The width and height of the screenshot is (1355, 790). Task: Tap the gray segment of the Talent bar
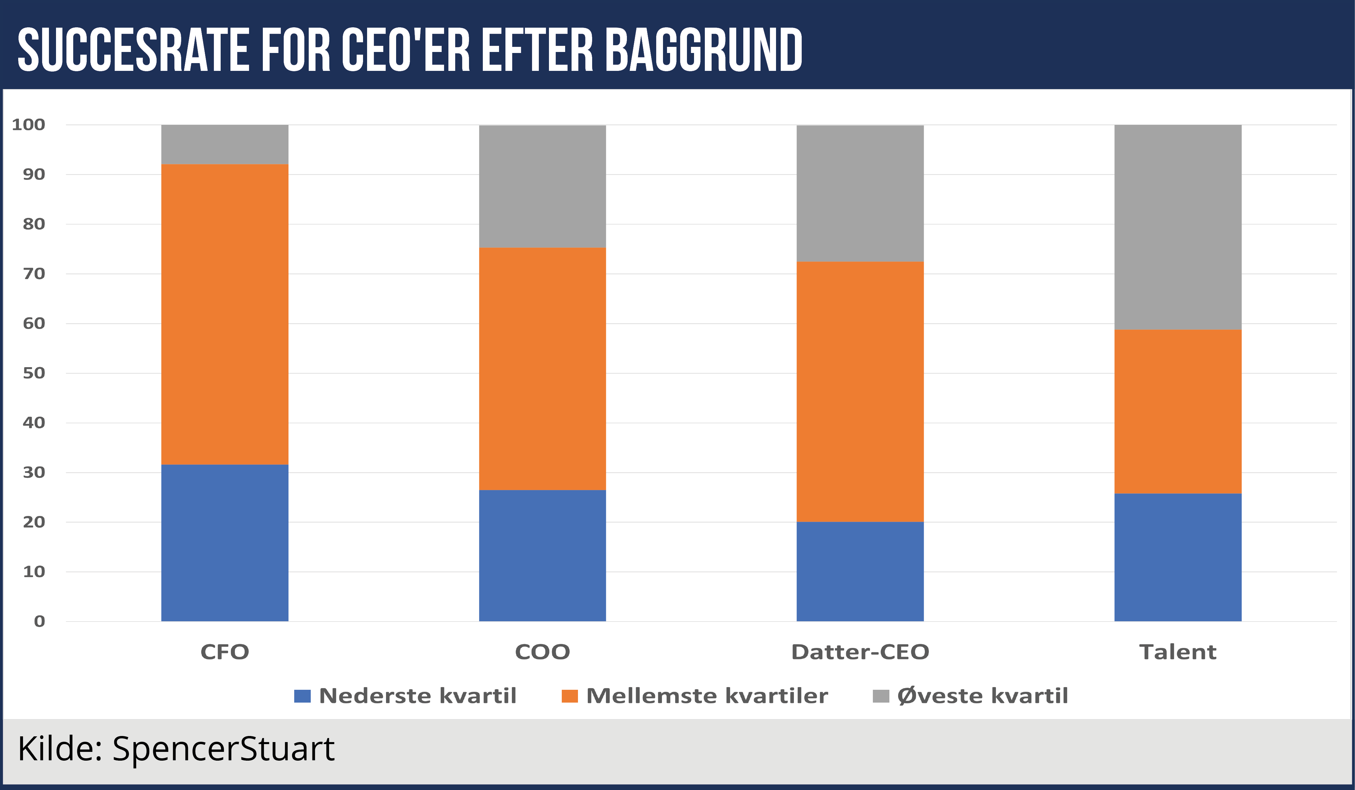(x=1178, y=227)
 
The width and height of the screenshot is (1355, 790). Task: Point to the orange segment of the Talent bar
(x=1178, y=411)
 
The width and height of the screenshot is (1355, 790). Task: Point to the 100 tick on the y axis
(x=28, y=125)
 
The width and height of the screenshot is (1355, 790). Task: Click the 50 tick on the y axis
(x=33, y=373)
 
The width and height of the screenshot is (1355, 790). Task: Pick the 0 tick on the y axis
(x=39, y=622)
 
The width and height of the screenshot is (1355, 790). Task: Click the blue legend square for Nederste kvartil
(x=302, y=696)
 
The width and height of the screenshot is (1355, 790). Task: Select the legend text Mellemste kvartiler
(x=707, y=696)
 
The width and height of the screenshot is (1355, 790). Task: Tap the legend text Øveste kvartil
(x=983, y=696)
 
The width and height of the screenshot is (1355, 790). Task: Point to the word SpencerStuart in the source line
(x=223, y=748)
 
